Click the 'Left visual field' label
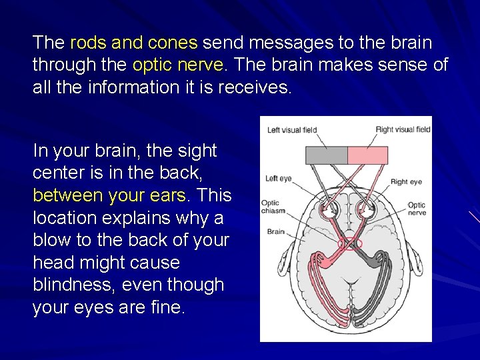pyautogui.click(x=291, y=130)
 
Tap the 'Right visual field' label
pyautogui.click(x=403, y=130)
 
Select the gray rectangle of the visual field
pyautogui.click(x=326, y=155)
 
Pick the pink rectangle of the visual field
pyautogui.click(x=367, y=155)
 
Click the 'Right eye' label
pyautogui.click(x=406, y=181)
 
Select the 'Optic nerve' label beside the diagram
pyautogui.click(x=417, y=209)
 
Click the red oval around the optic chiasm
pyautogui.click(x=350, y=244)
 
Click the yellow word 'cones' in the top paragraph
pyautogui.click(x=173, y=43)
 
